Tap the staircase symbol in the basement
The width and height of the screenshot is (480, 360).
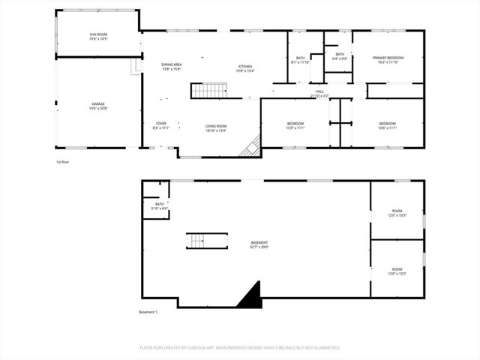[x=196, y=241]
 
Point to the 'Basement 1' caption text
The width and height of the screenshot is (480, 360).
[x=148, y=312]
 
